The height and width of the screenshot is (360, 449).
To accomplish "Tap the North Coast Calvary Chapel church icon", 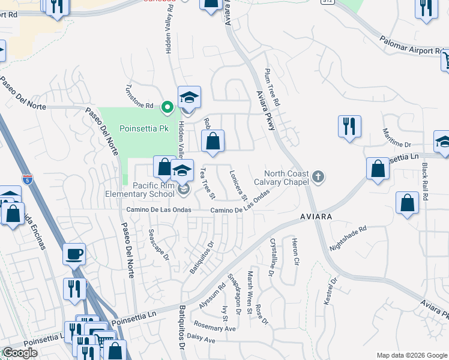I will [x=318, y=177].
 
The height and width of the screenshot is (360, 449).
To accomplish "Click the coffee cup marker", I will [x=74, y=253].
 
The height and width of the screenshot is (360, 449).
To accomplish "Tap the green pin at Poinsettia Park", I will [x=168, y=107].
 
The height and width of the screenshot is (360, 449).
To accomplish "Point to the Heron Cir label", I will [x=295, y=251].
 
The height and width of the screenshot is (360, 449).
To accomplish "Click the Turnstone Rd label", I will [x=139, y=106].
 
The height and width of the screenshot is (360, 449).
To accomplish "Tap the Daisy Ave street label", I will [x=201, y=340].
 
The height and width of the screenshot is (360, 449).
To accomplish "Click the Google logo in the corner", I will [x=19, y=353].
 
